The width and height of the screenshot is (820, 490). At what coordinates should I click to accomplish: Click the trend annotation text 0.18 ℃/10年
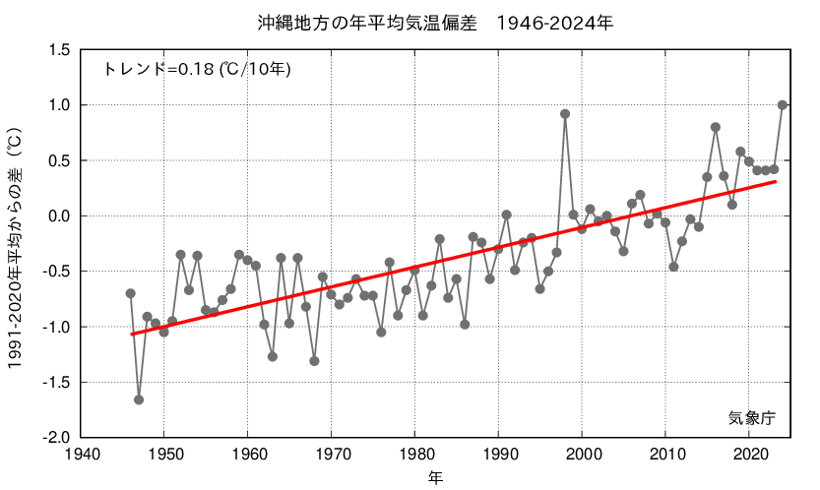[x=197, y=69]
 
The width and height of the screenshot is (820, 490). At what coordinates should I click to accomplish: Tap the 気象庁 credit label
[x=752, y=417]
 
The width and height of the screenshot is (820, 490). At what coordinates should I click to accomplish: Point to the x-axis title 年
[x=434, y=478]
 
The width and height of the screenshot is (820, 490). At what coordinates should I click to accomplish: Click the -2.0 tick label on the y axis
[x=54, y=437]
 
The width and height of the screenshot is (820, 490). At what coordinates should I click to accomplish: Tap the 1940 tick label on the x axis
[x=80, y=455]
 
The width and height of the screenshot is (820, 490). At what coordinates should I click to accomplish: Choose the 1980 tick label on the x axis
[x=414, y=455]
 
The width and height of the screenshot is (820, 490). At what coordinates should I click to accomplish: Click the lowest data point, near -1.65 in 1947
[x=139, y=399]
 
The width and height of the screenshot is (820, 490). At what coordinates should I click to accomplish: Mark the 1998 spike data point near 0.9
[x=565, y=113]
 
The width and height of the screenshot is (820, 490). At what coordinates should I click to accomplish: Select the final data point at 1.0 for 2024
[x=783, y=104]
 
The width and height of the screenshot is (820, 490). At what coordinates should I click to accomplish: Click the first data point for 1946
[x=130, y=293]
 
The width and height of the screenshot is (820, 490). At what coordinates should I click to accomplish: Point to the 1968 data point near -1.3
[x=314, y=361]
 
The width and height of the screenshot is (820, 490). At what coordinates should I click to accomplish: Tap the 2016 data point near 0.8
[x=716, y=127]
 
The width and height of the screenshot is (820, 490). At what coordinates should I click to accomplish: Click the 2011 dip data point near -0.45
[x=673, y=267]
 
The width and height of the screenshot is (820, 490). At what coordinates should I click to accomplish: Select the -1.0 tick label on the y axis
[x=54, y=327]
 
